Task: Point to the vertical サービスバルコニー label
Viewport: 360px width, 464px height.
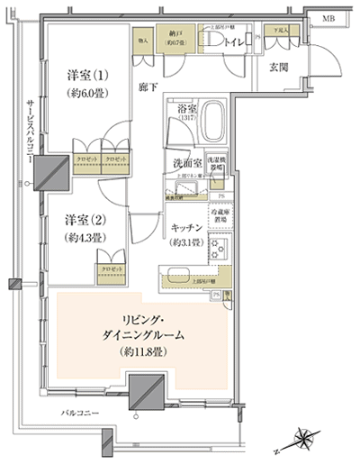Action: click(x=31, y=126)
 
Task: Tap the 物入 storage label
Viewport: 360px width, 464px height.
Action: click(x=143, y=40)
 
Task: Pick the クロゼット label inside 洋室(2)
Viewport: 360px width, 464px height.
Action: click(x=112, y=268)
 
